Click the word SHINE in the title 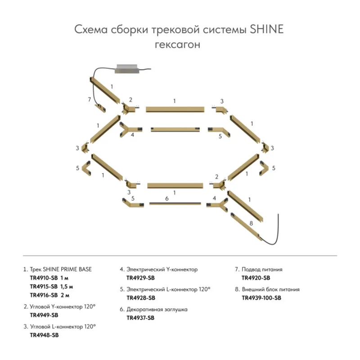266,29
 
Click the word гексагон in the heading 177,45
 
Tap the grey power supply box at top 127,69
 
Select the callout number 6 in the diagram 167,198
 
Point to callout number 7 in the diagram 89,99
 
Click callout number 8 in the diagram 251,223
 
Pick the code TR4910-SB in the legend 44,278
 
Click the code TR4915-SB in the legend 44,287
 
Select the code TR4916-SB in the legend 44,295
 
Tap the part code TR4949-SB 44,315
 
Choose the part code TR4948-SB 44,335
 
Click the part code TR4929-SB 140,278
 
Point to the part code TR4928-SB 141,298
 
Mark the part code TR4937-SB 140,318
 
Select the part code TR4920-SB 256,278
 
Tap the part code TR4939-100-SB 261,298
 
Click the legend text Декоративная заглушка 157,310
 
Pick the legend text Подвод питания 262,270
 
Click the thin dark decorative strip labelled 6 175,204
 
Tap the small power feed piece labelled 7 100,108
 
